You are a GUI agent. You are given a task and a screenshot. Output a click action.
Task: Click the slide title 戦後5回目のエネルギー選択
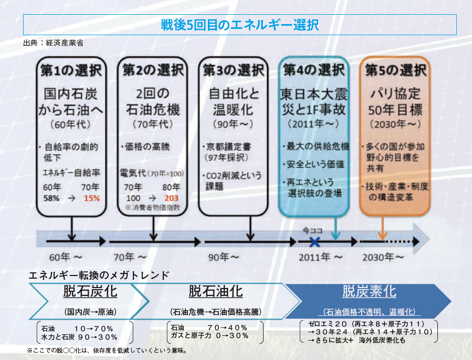pos(239,25)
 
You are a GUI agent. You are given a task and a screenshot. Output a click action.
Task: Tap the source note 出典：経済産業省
pos(54,43)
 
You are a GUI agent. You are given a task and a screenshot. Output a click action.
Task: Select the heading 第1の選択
pos(71,70)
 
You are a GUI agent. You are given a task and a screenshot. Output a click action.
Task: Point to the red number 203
pos(172,198)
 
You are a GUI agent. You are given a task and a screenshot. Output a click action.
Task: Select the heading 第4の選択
pos(314,69)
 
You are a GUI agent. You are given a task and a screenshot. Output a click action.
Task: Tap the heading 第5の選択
pos(395,70)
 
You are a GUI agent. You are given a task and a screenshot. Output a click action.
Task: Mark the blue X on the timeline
pos(314,242)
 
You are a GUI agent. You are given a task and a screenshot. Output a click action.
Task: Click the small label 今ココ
pos(312,230)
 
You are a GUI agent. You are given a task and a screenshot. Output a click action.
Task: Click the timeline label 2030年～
pos(384,257)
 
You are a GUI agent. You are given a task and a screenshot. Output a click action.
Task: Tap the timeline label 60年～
pos(66,257)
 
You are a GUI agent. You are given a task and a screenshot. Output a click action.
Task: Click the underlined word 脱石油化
pos(215,291)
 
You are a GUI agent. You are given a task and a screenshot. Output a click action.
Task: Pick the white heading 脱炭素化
pos(369,291)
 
